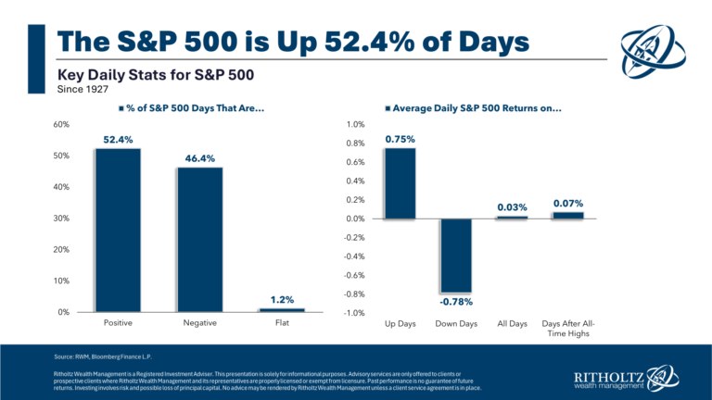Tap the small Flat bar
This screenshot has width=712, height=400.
pos(281,309)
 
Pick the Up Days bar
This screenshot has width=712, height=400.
pos(400,183)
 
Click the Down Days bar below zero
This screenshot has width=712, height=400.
pos(455,256)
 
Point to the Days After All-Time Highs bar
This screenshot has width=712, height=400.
pos(567,215)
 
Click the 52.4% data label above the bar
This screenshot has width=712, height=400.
pos(117,140)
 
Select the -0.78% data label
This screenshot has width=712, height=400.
pos(455,303)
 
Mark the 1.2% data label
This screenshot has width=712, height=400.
pos(281,299)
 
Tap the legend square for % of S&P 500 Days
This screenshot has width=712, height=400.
pos(121,108)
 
